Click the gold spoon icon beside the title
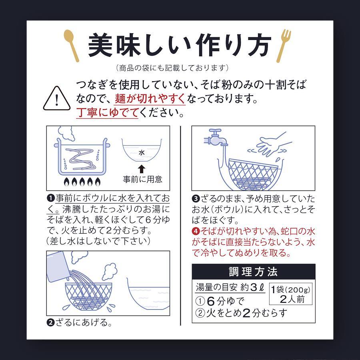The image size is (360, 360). pyautogui.click(x=72, y=46)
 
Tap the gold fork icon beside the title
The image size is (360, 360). pyautogui.click(x=284, y=46)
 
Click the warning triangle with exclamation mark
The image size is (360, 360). pyautogui.click(x=57, y=98)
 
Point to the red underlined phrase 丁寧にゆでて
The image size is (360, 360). pyautogui.click(x=107, y=112)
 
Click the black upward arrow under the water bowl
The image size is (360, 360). pyautogui.click(x=142, y=169)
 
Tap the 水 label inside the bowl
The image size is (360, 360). pyautogui.click(x=142, y=152)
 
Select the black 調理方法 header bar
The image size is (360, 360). pyautogui.click(x=254, y=271)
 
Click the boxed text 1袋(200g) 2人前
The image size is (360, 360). pyautogui.click(x=291, y=294)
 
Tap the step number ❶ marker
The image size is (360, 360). pyautogui.click(x=50, y=198)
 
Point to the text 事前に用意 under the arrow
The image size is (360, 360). pyautogui.click(x=142, y=179)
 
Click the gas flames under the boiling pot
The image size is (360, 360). pyautogui.click(x=82, y=182)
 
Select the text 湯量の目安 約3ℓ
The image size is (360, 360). pyautogui.click(x=230, y=288)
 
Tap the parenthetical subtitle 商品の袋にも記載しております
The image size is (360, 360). pyautogui.click(x=172, y=68)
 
